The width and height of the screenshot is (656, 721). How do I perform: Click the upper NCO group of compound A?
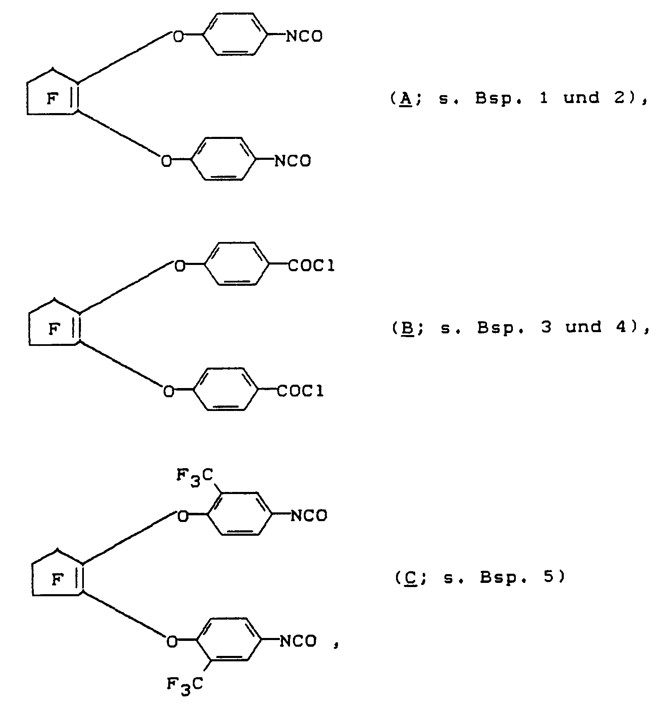click(304, 37)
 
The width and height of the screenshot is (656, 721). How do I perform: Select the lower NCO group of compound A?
click(293, 161)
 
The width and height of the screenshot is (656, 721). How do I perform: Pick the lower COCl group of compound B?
click(300, 391)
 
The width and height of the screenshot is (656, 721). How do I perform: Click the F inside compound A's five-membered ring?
click(52, 99)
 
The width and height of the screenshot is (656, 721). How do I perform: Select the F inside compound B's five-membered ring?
click(54, 330)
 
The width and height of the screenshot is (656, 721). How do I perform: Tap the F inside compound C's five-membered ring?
click(57, 580)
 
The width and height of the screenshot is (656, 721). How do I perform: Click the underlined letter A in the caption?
click(405, 98)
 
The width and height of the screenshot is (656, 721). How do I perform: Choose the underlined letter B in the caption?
click(406, 328)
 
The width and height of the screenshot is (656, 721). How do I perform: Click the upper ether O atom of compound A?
click(178, 37)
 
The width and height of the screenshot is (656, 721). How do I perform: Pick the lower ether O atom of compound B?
click(169, 391)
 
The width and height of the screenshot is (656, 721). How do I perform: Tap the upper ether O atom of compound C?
click(183, 517)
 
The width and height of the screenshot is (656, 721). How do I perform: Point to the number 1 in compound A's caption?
click(544, 98)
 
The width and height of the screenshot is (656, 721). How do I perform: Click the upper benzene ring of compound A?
click(236, 34)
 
